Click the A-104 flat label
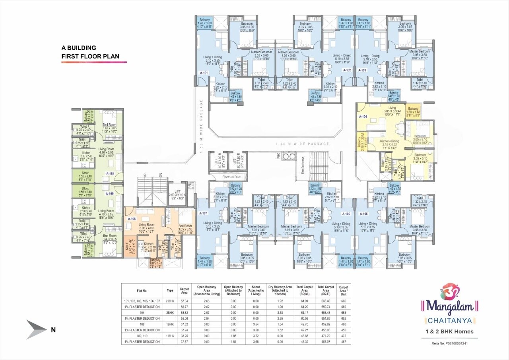[x=363, y=117]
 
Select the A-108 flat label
[x=132, y=219]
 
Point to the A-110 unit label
[x=110, y=174]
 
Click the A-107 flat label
[x=203, y=213]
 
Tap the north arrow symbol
[x=37, y=329]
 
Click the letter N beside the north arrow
[x=53, y=329]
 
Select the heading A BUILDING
[x=79, y=48]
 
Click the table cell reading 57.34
[x=184, y=301]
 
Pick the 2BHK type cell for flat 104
[x=170, y=313]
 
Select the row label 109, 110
[x=142, y=336]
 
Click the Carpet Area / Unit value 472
[x=343, y=336]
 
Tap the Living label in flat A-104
[x=392, y=108]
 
